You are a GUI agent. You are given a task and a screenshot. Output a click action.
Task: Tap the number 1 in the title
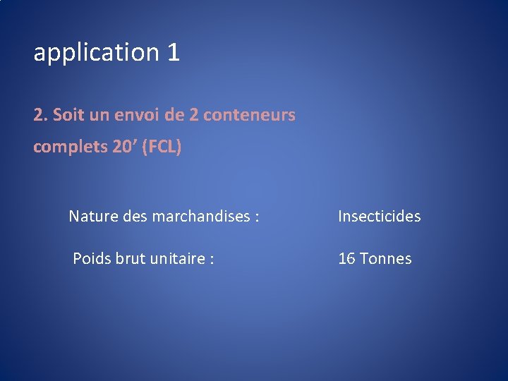[174, 52]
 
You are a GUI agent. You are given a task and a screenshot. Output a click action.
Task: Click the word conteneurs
[249, 114]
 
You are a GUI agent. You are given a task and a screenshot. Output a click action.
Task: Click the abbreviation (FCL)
[162, 147]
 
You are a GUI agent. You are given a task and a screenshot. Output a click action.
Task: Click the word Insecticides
[379, 217]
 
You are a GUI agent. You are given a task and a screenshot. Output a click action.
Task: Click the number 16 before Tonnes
[346, 259]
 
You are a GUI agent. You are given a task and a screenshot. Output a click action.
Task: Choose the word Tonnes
[385, 259]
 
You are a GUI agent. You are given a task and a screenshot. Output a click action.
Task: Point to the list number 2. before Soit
[41, 114]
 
